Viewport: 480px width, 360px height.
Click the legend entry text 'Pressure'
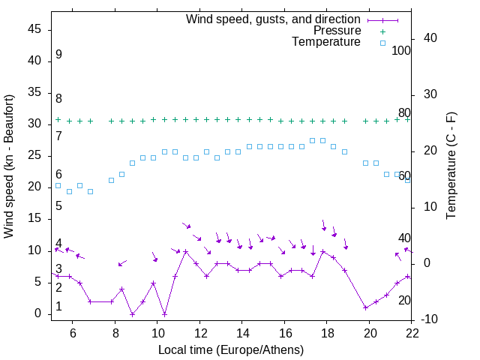337,31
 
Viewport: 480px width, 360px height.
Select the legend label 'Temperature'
326,43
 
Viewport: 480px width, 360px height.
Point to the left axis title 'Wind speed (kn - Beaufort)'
9,166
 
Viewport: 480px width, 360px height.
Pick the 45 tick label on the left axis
34,29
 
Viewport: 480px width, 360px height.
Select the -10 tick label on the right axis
431,320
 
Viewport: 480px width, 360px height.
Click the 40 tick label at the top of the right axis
431,38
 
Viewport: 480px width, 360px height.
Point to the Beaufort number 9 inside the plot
58,55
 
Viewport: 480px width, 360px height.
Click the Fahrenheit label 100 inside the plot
401,50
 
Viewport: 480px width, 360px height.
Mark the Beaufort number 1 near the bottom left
58,307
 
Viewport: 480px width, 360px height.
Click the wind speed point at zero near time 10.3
164,313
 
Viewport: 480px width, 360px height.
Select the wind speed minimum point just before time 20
365,307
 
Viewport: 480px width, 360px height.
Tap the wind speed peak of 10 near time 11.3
185,251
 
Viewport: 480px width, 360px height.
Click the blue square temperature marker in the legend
382,43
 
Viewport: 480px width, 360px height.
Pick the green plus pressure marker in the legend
382,31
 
